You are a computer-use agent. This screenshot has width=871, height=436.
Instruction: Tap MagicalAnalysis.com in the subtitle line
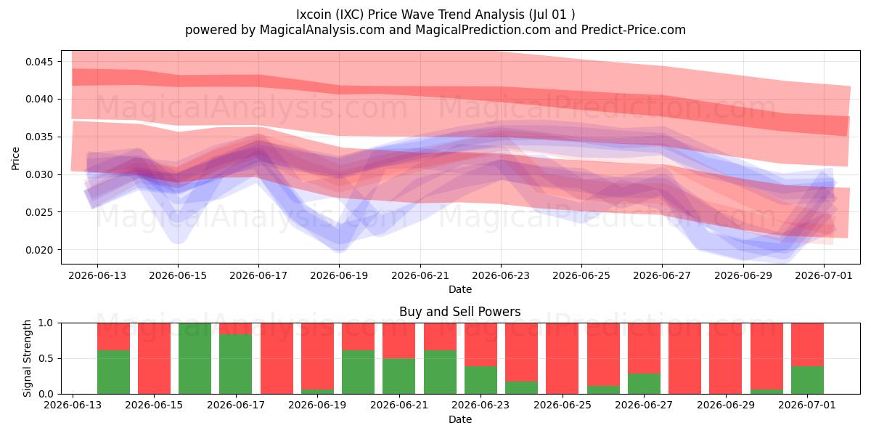pos(322,30)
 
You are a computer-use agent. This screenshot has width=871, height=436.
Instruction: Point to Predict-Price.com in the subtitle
pos(634,30)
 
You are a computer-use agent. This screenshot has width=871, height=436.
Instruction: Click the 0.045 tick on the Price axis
pos(39,62)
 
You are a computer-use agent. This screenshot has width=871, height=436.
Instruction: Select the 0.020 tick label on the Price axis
pos(39,250)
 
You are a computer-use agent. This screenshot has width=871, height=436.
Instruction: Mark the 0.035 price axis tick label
pos(39,137)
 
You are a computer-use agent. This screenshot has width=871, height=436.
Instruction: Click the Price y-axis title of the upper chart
pos(15,158)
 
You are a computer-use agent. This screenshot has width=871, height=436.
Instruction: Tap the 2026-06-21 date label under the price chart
pos(420,275)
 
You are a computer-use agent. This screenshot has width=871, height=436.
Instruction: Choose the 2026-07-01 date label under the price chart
pos(824,275)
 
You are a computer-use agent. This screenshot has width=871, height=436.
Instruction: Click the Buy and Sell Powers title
pos(460,312)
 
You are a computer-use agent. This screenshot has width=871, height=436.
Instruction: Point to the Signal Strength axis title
pos(26,358)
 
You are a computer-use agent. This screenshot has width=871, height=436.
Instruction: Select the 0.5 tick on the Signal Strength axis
pos(46,358)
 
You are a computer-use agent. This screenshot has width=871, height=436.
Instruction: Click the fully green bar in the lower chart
pos(195,358)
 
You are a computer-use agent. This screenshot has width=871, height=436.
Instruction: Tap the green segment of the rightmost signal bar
pos(807,380)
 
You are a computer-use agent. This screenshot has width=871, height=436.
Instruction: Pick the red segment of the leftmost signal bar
pos(113,336)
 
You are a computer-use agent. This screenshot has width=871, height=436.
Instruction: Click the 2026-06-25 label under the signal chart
pos(563,405)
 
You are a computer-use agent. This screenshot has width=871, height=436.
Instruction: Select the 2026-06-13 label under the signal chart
pos(73,405)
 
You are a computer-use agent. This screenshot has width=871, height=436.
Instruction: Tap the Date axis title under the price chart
pos(460,289)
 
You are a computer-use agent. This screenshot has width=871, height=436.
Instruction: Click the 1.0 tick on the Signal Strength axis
pos(46,323)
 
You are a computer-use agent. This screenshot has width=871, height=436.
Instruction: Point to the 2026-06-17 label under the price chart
pos(258,275)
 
